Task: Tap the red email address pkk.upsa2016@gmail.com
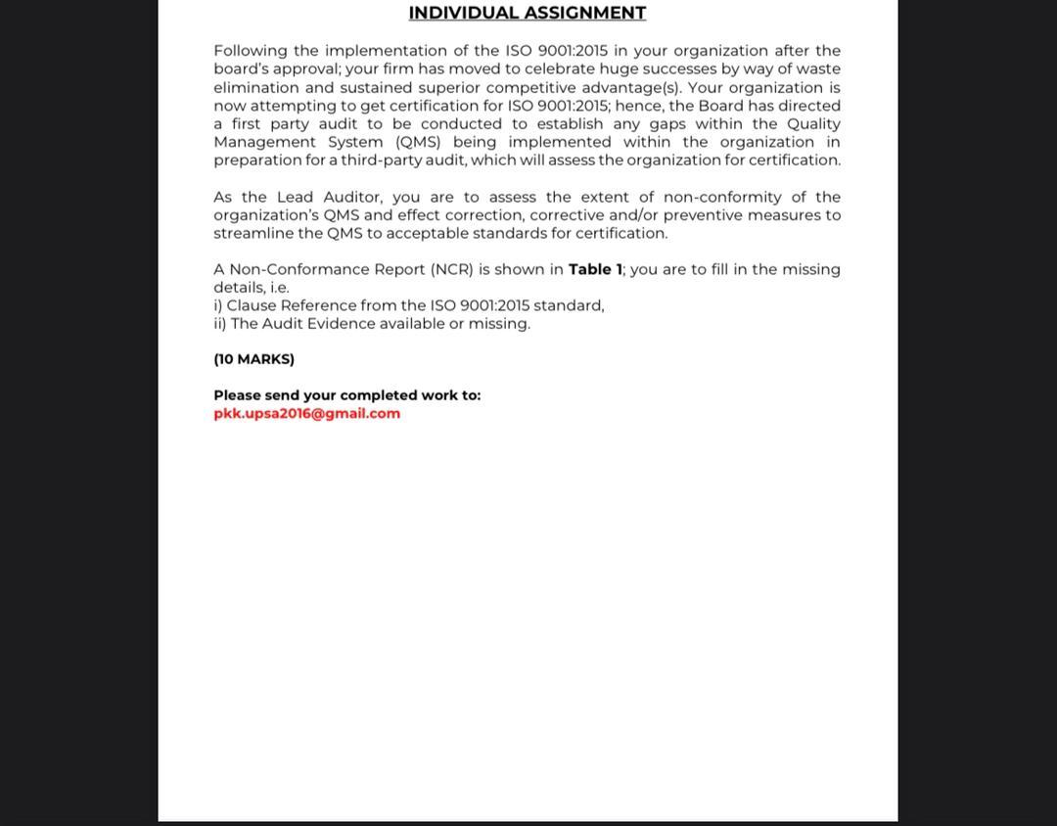click(x=306, y=413)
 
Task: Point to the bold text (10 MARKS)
click(x=253, y=359)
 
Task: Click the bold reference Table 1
click(x=595, y=269)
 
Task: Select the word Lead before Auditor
click(x=295, y=197)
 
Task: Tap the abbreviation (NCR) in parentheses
click(x=452, y=269)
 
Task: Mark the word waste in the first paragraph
click(x=818, y=69)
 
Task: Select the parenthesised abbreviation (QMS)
click(x=418, y=142)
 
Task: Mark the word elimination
click(x=256, y=87)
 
